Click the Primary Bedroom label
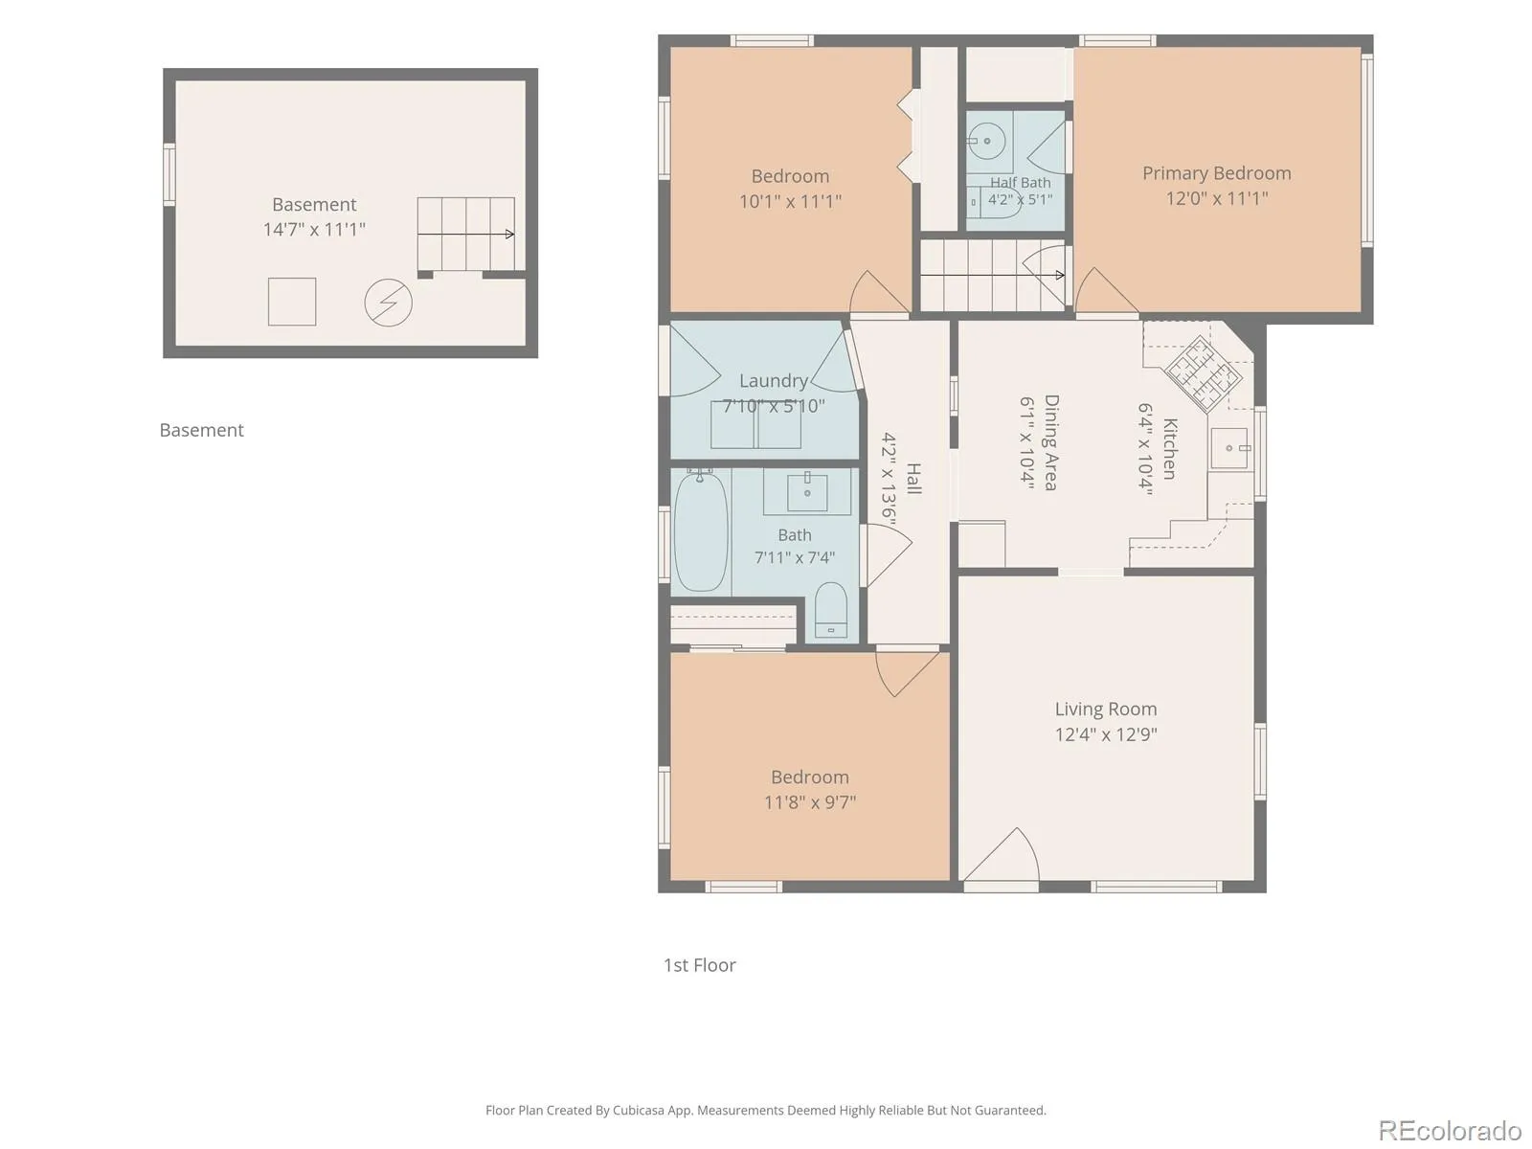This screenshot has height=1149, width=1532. click(1216, 173)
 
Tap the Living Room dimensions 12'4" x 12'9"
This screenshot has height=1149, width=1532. click(1106, 733)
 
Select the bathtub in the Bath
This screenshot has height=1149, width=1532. click(701, 532)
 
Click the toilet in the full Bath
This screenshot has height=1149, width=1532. click(830, 611)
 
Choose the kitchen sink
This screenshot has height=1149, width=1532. click(1229, 448)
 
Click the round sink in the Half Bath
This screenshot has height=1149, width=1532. click(987, 141)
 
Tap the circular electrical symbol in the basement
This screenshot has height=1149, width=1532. click(388, 302)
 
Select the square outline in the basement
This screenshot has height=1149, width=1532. click(292, 302)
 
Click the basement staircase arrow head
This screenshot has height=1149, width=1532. click(510, 235)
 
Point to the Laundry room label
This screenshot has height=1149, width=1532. click(774, 380)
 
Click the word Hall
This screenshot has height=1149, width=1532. click(913, 478)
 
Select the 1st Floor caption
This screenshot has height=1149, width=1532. click(699, 965)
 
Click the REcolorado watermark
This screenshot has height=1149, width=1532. click(1450, 1130)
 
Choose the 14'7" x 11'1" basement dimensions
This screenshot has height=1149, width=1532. click(314, 229)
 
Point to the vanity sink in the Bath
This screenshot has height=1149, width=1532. click(807, 493)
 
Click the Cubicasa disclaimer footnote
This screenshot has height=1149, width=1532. click(766, 1110)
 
